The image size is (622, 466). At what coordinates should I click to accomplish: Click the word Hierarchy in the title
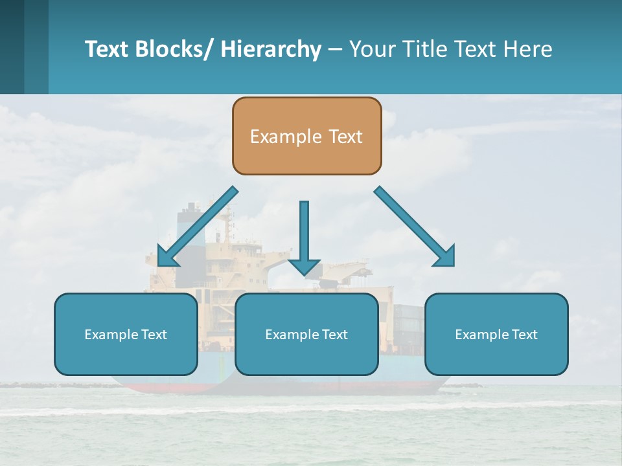pos(271,49)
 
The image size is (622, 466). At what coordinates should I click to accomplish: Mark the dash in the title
pos(335,50)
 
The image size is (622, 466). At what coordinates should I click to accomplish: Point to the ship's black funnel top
pos(190,208)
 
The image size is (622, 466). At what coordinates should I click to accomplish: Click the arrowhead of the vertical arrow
pos(304,266)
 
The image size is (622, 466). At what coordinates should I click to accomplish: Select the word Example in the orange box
pos(277,137)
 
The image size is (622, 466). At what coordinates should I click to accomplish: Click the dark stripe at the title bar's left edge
pos(12,47)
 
